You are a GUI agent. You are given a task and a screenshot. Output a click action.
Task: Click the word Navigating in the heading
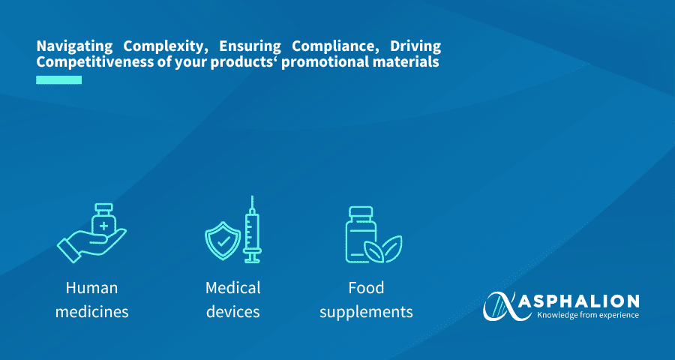(x=74, y=46)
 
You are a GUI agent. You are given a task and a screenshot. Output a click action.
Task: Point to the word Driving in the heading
(x=415, y=46)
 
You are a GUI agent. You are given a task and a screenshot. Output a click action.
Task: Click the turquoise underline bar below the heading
(x=58, y=80)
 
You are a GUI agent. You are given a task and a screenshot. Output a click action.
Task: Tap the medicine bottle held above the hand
(x=103, y=219)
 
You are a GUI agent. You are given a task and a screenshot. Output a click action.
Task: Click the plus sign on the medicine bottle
(x=103, y=225)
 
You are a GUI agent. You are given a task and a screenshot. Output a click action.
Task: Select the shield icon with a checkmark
(x=223, y=241)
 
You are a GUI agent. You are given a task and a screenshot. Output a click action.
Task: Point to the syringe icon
(x=252, y=229)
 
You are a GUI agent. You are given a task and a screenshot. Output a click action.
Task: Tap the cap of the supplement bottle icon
(x=360, y=212)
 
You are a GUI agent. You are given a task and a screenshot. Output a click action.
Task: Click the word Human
(x=91, y=288)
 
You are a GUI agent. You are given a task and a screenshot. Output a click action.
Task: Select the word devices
(x=233, y=312)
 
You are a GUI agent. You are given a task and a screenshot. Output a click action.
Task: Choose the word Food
(x=366, y=288)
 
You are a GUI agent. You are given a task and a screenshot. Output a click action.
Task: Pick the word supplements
(x=366, y=313)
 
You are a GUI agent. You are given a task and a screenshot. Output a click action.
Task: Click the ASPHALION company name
(x=578, y=301)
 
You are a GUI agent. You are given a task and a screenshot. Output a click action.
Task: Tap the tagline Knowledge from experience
(x=588, y=315)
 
